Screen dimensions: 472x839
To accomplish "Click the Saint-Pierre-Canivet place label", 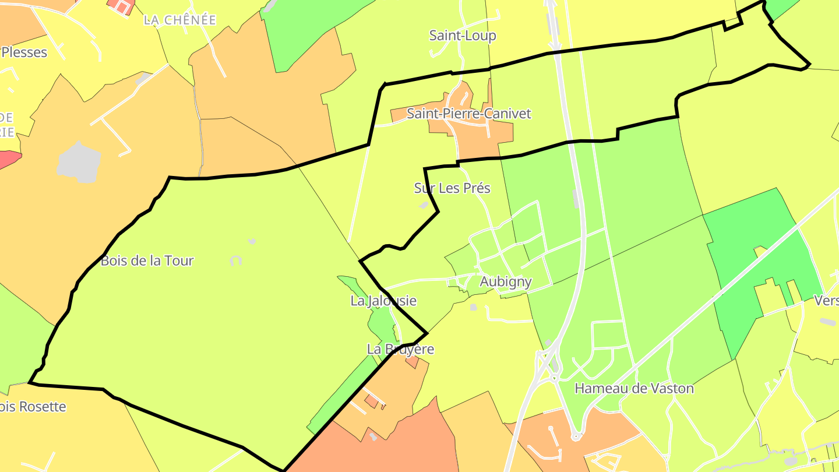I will (469, 114).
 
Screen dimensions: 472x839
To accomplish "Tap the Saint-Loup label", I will (463, 36).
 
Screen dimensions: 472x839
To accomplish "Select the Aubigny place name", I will (506, 282).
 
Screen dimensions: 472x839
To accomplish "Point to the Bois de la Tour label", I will (147, 260).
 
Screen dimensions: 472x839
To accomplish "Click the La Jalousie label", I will (383, 301).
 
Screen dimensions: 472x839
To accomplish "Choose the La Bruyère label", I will (401, 349).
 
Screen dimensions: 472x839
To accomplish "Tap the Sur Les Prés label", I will (452, 188).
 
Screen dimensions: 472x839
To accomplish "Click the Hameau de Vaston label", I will (634, 388).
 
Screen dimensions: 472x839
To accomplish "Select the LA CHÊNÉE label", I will (180, 20).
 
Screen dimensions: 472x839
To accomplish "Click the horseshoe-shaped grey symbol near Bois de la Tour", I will (235, 261).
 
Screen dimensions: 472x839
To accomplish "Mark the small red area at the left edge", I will (8, 159).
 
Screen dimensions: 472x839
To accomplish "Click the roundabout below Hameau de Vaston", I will (576, 436).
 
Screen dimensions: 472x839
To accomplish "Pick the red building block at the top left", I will (121, 6).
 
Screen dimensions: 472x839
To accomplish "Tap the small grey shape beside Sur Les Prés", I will (424, 205).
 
